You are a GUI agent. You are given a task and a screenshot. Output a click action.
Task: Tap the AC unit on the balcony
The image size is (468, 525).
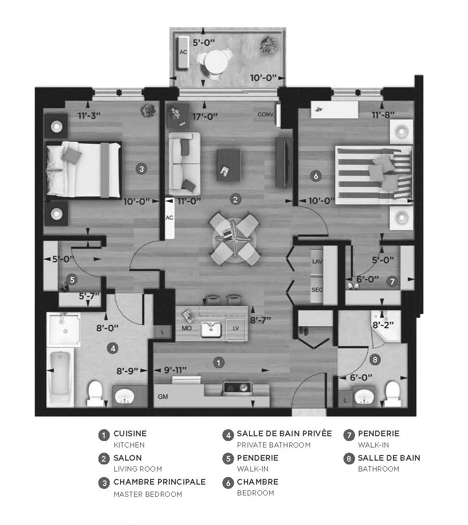pyautogui.click(x=183, y=52)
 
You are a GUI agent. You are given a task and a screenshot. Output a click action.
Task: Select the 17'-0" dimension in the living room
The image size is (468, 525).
pyautogui.click(x=204, y=116)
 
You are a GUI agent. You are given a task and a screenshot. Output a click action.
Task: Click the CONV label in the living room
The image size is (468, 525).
pyautogui.click(x=265, y=115)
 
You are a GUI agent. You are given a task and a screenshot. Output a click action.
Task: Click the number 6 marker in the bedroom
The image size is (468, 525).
pyautogui.click(x=316, y=176)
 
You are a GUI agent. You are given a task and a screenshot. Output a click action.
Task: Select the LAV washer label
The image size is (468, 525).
pyautogui.click(x=317, y=262)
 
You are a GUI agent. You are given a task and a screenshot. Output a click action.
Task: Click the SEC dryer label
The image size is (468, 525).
pyautogui.click(x=317, y=290)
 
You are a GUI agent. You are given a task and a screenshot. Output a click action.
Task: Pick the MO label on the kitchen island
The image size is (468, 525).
pyautogui.click(x=186, y=328)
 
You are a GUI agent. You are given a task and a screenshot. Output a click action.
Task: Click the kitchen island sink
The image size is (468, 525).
pyautogui.click(x=211, y=329)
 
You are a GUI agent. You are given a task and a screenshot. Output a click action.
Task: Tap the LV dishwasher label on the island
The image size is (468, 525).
pyautogui.click(x=236, y=328)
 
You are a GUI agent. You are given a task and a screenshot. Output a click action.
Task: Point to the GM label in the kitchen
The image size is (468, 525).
pyautogui.click(x=163, y=396)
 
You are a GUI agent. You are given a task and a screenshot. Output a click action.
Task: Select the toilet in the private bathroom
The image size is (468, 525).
pyautogui.click(x=95, y=393)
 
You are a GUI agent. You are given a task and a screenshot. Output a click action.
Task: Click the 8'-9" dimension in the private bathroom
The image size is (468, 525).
pyautogui.click(x=127, y=370)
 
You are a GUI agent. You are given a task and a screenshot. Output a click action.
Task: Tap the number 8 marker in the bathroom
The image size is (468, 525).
pyautogui.click(x=374, y=360)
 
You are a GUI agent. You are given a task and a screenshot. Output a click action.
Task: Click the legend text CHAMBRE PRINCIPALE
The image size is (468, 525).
pyautogui.click(x=159, y=482)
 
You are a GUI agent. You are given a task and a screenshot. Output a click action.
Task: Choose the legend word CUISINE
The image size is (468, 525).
pyautogui.click(x=130, y=433)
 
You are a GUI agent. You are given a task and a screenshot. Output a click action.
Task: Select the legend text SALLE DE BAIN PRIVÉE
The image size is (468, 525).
pyautogui.click(x=284, y=433)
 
